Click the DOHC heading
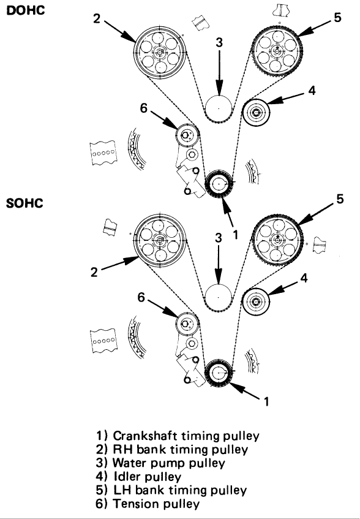click(26, 10)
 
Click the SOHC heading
click(24, 203)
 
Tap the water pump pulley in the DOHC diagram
click(219, 108)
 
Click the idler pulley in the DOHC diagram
click(256, 113)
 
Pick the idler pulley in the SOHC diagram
click(256, 301)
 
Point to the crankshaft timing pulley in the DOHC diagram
click(219, 184)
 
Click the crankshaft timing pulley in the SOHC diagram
click(218, 373)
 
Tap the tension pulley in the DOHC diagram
click(187, 135)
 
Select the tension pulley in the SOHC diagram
click(187, 324)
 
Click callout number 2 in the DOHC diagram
click(96, 18)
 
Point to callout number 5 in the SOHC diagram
click(340, 199)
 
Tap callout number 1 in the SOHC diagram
click(266, 401)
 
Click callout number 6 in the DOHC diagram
click(143, 108)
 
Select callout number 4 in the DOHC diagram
click(312, 90)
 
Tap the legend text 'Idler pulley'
click(148, 477)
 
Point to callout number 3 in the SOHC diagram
click(219, 237)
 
